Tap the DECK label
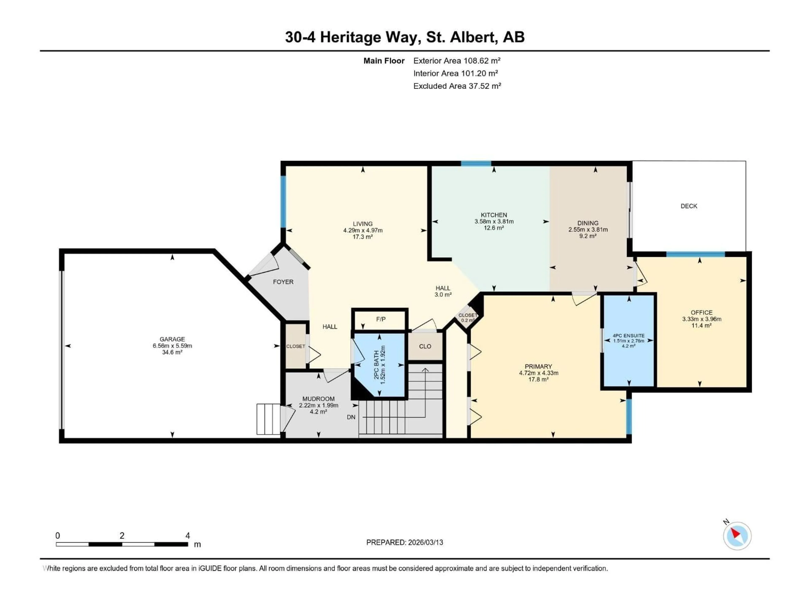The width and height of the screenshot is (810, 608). tap(688, 206)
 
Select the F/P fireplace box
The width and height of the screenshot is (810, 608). tap(381, 319)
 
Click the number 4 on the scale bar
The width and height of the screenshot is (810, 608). tap(188, 535)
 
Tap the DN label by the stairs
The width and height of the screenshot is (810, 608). tap(351, 417)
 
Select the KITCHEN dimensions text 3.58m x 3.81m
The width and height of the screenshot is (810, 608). tap(494, 221)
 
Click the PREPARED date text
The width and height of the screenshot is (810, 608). tap(404, 542)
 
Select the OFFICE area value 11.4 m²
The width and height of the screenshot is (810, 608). tap(701, 326)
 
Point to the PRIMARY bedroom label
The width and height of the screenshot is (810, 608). tap(538, 366)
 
